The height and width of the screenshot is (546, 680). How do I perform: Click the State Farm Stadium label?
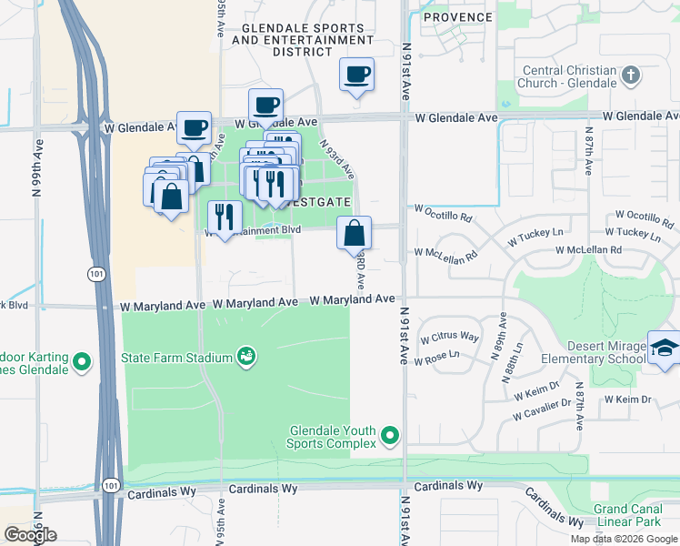pyautogui.click(x=177, y=358)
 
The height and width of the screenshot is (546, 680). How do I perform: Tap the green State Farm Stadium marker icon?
pyautogui.click(x=245, y=356)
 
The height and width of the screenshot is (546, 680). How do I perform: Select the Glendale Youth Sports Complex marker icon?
pyautogui.click(x=391, y=437)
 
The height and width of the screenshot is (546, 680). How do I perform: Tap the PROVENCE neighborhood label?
pyautogui.click(x=458, y=17)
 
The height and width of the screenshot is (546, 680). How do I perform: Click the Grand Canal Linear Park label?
pyautogui.click(x=634, y=517)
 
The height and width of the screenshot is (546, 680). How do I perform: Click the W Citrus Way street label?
pyautogui.click(x=449, y=338)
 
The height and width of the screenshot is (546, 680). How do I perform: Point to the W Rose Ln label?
pyautogui.click(x=438, y=360)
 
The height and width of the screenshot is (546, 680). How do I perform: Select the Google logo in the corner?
pyautogui.click(x=30, y=535)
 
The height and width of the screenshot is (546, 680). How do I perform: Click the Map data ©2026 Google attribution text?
pyautogui.click(x=624, y=539)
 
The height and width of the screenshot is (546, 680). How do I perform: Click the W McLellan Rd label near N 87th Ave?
pyautogui.click(x=588, y=250)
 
